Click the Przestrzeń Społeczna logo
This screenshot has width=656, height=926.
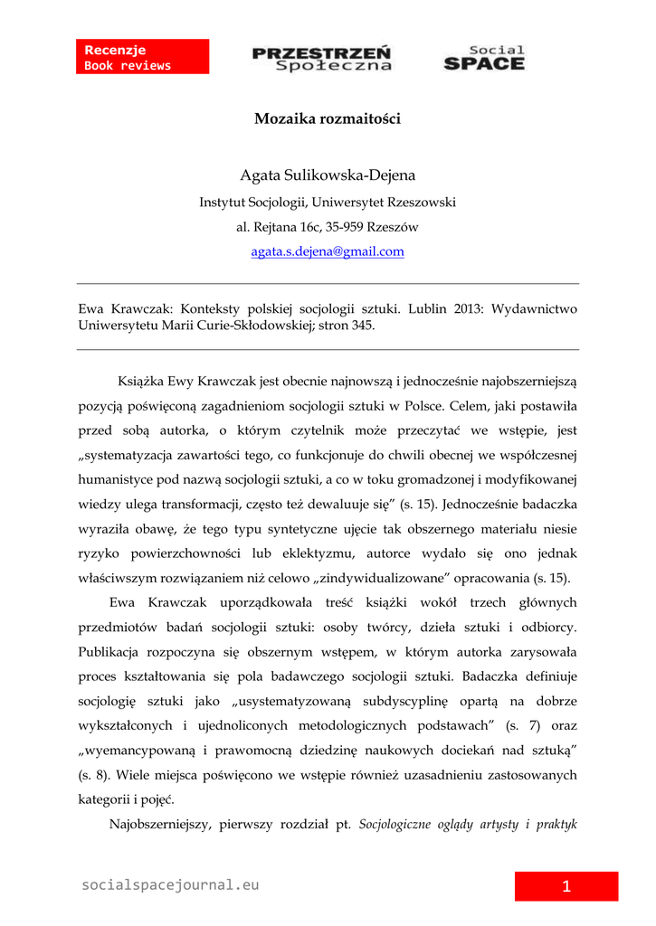click(321, 58)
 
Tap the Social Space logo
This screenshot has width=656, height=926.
click(484, 58)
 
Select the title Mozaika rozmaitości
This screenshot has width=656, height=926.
click(328, 118)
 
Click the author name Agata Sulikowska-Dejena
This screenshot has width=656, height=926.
click(328, 175)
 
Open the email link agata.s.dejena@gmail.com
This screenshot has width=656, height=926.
click(328, 252)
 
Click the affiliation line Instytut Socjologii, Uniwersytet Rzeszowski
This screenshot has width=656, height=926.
click(328, 203)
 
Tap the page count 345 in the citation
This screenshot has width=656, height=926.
click(363, 326)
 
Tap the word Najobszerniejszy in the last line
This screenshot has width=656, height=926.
click(159, 824)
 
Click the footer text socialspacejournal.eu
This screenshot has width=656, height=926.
click(170, 885)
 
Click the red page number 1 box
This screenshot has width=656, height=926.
click(566, 886)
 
